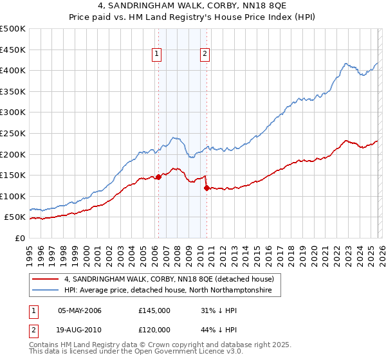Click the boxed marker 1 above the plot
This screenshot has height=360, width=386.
pyautogui.click(x=157, y=55)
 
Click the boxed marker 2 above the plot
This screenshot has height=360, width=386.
pyautogui.click(x=205, y=55)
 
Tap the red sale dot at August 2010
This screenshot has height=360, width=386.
pyautogui.click(x=207, y=188)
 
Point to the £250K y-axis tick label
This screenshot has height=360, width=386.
pyautogui.click(x=13, y=133)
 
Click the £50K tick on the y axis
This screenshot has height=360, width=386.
pyautogui.click(x=15, y=217)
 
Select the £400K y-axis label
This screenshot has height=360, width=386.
pyautogui.click(x=13, y=70)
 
